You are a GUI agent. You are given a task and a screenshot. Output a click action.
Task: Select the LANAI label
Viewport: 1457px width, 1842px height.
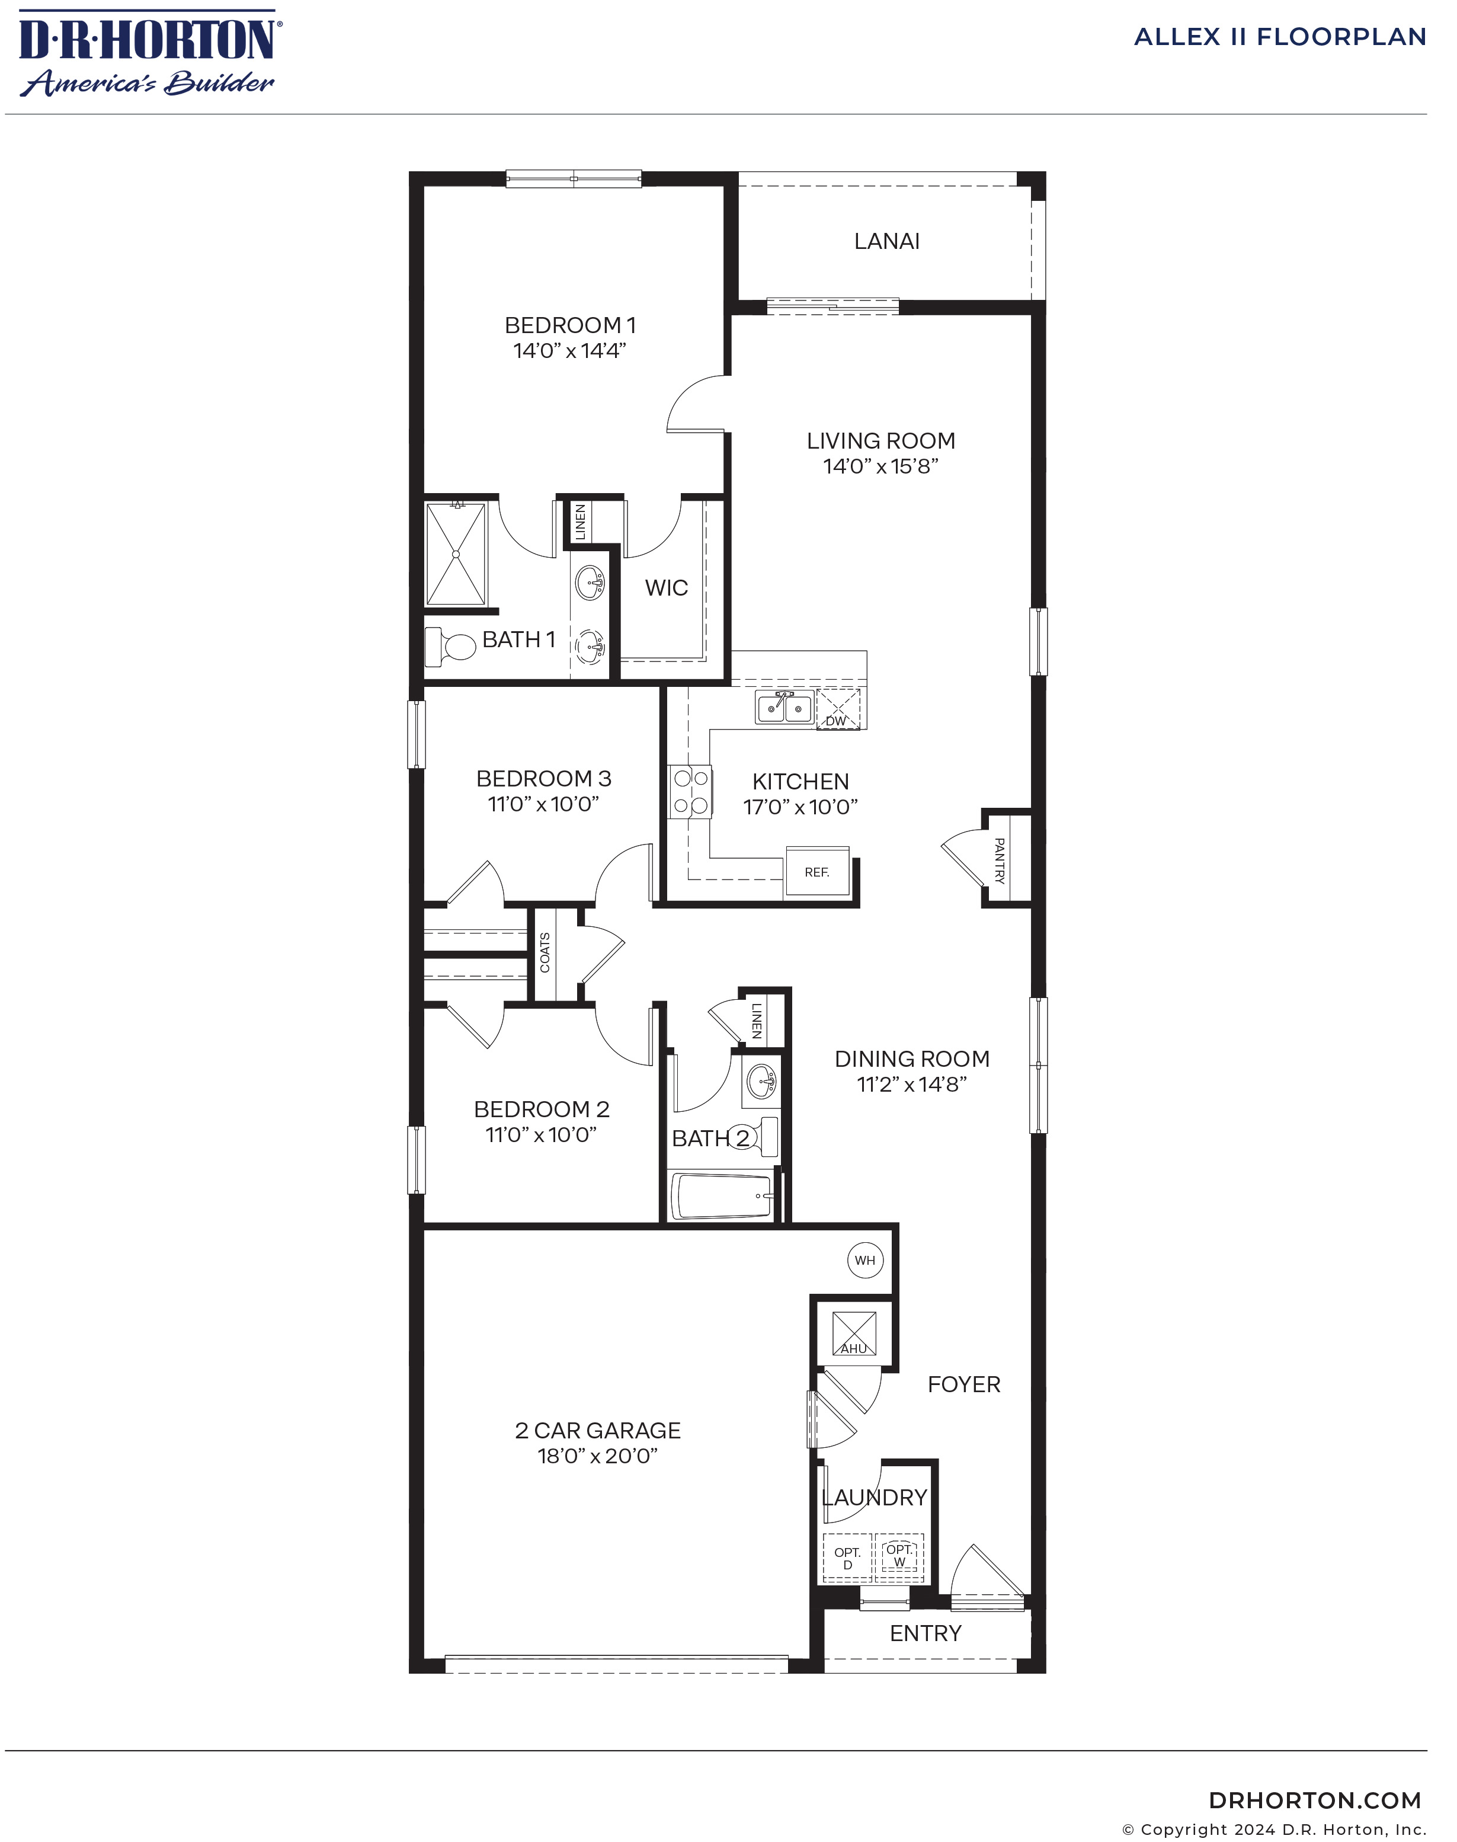[886, 241]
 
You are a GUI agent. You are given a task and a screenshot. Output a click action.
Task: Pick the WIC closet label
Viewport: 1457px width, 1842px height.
[666, 588]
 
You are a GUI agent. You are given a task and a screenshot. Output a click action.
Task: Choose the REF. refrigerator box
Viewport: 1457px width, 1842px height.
[817, 871]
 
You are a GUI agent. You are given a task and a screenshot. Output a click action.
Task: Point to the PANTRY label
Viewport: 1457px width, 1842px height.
[999, 860]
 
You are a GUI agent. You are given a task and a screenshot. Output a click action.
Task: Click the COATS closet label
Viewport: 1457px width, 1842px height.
[545, 952]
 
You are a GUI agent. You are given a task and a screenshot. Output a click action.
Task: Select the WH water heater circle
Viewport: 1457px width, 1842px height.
[865, 1260]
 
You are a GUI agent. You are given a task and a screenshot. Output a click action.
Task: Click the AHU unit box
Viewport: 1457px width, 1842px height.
[854, 1333]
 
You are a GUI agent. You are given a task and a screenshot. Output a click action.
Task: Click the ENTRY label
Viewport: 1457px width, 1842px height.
[926, 1633]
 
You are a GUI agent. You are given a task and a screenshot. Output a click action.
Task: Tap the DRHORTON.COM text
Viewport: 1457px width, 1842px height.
[1315, 1800]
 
